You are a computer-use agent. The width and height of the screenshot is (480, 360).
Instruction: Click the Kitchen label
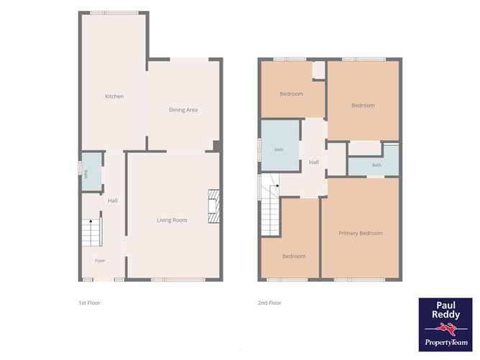tap(114, 96)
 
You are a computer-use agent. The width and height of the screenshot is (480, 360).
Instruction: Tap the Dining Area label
tap(183, 110)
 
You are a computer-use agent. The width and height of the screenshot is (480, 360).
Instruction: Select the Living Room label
tap(172, 220)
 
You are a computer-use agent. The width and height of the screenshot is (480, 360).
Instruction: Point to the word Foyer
tap(100, 261)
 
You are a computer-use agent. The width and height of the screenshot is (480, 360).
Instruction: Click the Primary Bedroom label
tap(361, 234)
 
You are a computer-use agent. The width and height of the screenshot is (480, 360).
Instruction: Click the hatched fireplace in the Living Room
tap(213, 206)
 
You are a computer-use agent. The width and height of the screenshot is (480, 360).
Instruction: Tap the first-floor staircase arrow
tap(91, 221)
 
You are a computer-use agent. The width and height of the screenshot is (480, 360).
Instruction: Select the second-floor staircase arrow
tap(277, 185)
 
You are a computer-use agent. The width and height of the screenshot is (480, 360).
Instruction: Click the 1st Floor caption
tap(89, 303)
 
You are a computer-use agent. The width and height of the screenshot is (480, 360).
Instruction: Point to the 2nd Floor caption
tap(269, 303)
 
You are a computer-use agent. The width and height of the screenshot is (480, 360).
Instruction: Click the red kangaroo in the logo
tap(447, 330)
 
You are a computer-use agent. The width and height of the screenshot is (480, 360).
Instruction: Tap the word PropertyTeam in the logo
tap(446, 342)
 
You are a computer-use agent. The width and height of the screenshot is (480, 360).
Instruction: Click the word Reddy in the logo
tap(446, 315)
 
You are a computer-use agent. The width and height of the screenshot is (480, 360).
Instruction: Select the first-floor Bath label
tap(86, 174)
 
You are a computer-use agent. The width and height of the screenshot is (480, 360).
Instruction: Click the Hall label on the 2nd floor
tap(314, 162)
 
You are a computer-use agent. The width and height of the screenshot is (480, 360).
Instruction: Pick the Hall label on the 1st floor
tap(113, 200)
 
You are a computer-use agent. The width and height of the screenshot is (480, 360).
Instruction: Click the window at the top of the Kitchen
tap(114, 13)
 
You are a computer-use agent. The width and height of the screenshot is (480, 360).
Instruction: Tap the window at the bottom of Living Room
tap(178, 280)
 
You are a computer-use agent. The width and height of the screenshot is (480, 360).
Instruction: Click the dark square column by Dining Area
tap(217, 146)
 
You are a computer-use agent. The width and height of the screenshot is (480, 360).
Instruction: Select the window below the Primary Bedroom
tap(359, 280)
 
